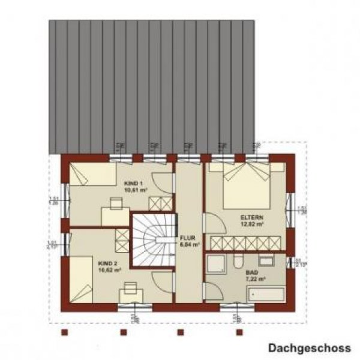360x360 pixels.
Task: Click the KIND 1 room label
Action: pyautogui.click(x=133, y=182)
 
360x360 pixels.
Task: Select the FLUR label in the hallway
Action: pyautogui.click(x=187, y=238)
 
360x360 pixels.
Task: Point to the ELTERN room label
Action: pyautogui.click(x=251, y=218)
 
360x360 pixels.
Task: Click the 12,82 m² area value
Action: pyautogui.click(x=251, y=224)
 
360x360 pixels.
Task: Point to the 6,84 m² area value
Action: pyautogui.click(x=187, y=244)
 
